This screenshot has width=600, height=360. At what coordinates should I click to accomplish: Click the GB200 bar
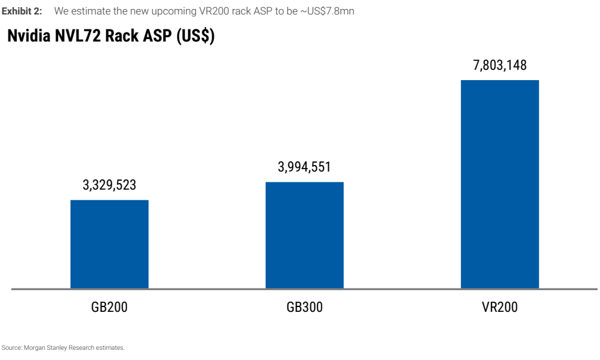[110, 244]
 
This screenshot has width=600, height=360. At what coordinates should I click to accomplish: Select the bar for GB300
[305, 235]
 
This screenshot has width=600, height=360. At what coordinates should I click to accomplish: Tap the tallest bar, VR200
[500, 184]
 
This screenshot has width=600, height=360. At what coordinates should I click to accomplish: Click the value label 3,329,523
[110, 185]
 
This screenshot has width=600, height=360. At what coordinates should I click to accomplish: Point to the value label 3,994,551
[304, 167]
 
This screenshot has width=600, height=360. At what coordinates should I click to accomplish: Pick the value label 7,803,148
[500, 66]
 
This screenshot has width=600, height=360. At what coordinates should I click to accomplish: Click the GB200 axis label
[110, 307]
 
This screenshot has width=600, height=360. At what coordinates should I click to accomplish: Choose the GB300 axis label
[305, 307]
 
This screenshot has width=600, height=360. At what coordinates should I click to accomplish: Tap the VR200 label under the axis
[500, 307]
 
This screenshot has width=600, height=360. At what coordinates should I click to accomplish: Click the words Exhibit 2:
[22, 11]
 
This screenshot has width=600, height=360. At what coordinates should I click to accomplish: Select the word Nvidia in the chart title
[29, 36]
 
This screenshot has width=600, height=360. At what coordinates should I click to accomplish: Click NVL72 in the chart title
[78, 36]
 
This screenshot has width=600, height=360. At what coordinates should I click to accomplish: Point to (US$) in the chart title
[196, 36]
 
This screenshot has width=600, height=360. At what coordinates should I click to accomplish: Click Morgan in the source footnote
[34, 348]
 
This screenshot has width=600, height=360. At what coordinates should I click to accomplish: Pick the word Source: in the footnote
[12, 348]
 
